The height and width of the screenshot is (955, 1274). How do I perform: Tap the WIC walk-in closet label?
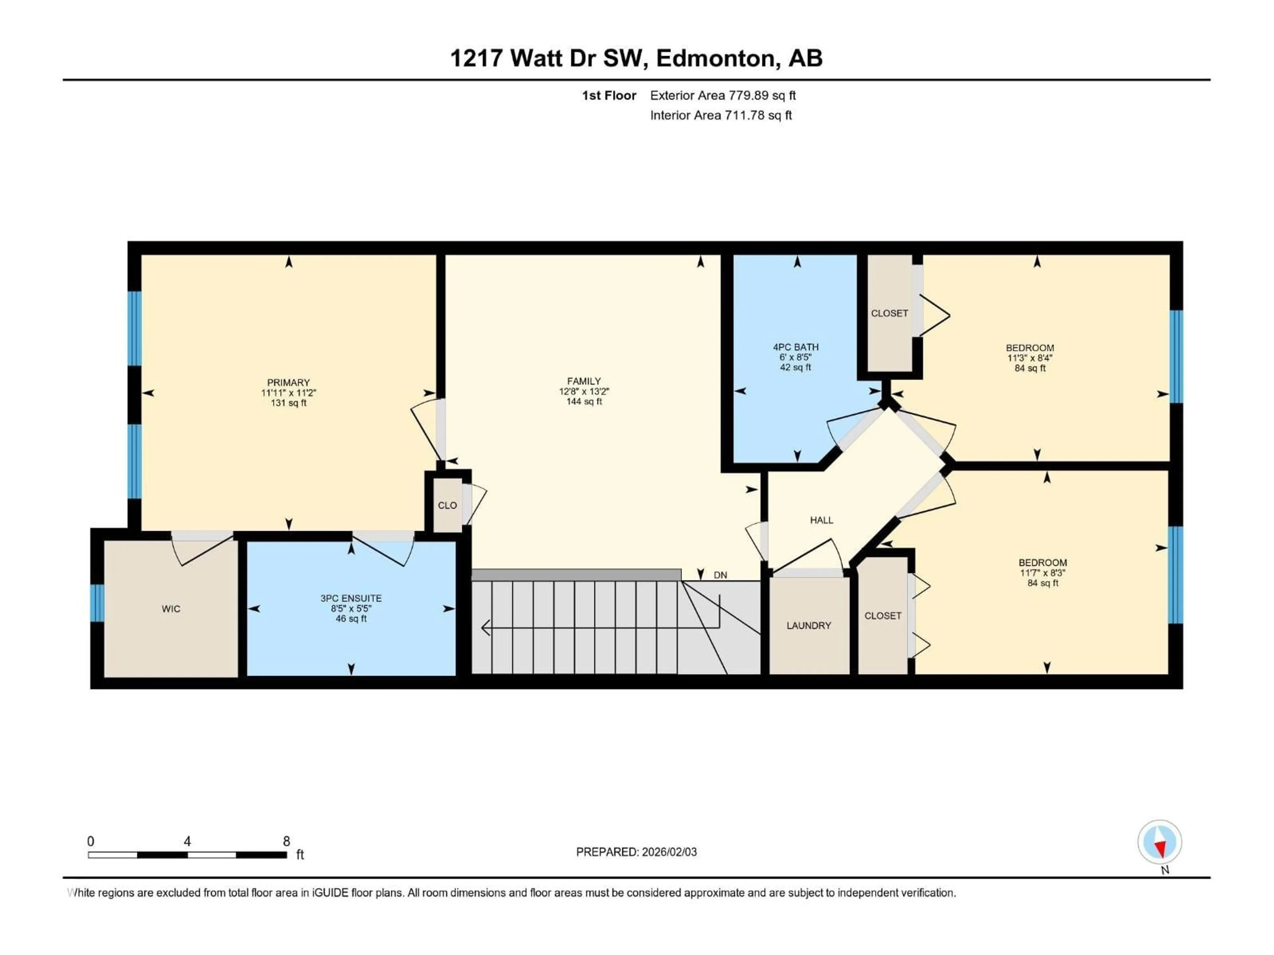click(x=171, y=609)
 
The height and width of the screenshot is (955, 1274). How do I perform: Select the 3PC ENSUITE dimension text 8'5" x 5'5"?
click(x=351, y=608)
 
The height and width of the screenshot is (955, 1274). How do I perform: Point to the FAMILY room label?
click(x=584, y=381)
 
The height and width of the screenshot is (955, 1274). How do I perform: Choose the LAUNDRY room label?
click(x=809, y=626)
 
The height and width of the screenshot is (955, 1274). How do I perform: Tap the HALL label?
click(x=821, y=520)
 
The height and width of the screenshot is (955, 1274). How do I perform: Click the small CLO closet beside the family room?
click(x=448, y=505)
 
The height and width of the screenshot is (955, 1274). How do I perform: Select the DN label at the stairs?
click(x=720, y=575)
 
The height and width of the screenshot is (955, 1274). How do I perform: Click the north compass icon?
click(x=1160, y=842)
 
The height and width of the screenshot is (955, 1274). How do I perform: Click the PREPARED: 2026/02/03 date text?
click(x=636, y=852)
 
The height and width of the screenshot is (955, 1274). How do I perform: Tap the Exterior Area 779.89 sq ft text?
click(x=723, y=95)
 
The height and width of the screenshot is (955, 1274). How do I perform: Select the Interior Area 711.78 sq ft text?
click(x=721, y=115)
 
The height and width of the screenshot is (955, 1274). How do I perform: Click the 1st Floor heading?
click(x=609, y=95)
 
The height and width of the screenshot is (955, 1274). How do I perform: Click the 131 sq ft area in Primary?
click(x=289, y=403)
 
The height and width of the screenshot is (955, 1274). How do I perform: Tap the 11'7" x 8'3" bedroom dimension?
click(x=1042, y=573)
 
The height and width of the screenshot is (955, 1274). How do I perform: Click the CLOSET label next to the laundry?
click(x=883, y=616)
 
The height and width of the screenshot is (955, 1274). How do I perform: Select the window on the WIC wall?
click(x=97, y=603)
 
